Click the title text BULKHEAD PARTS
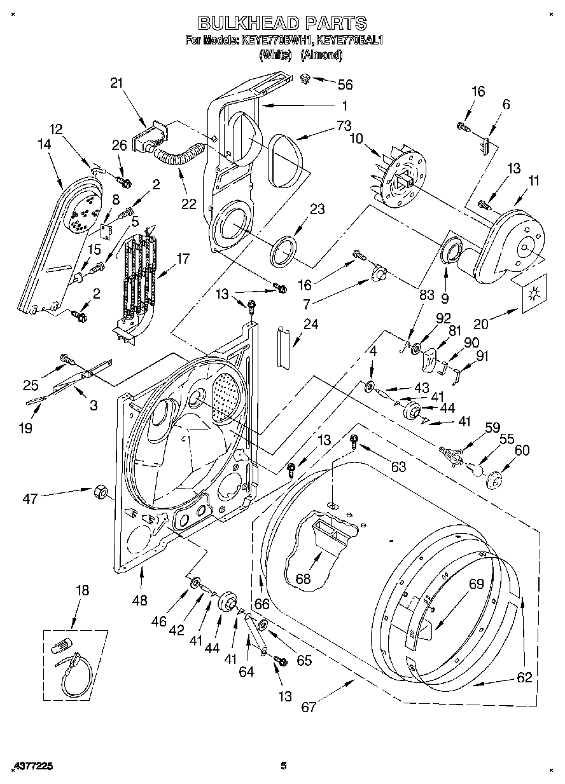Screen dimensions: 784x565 [282, 24]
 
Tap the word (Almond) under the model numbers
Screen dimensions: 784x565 [321, 55]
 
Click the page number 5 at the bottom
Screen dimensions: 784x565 [284, 766]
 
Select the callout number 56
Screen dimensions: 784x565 [345, 84]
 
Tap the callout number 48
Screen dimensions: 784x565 [139, 600]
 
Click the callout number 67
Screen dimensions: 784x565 [309, 706]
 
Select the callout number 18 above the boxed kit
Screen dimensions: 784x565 [83, 590]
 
